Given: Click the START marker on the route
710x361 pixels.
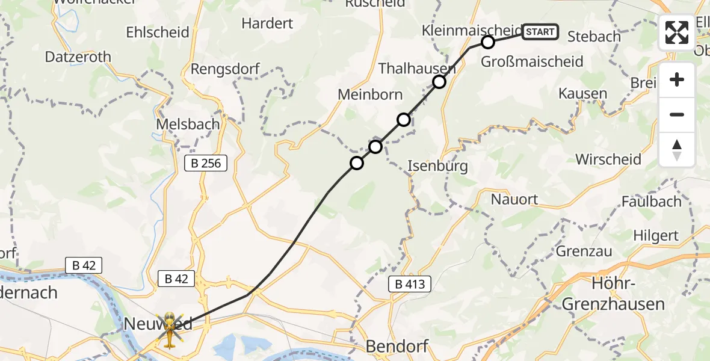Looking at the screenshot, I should tap(540, 32).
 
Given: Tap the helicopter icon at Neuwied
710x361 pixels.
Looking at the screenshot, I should tap(169, 330).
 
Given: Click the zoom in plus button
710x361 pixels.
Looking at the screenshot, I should tap(677, 80).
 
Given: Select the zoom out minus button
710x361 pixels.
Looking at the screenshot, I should tap(677, 114).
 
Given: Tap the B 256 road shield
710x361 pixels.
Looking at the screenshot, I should tap(206, 163).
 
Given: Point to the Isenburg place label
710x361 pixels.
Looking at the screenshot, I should tap(437, 166).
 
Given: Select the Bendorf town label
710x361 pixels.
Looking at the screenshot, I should tap(397, 347).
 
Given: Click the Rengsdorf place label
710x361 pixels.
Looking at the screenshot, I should tap(225, 69).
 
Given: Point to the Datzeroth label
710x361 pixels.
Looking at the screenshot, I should tap(78, 57).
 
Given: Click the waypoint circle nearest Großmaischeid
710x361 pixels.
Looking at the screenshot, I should tap(488, 42).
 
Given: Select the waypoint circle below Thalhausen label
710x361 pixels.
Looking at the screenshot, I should tap(439, 82).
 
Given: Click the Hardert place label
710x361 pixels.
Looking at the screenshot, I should tap(267, 23).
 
